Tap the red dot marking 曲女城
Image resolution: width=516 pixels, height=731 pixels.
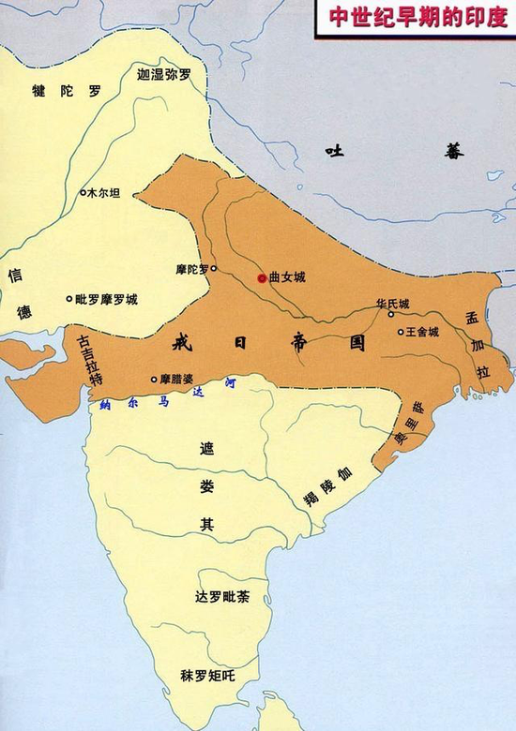click(x=261, y=278)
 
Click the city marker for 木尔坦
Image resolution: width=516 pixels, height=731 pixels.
click(x=83, y=192)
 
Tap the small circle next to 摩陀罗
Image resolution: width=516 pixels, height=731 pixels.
click(x=214, y=269)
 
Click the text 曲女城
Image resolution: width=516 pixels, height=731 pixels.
click(x=287, y=278)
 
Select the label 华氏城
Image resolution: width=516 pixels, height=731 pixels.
click(x=392, y=304)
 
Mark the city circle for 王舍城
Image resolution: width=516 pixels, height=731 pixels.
click(x=401, y=332)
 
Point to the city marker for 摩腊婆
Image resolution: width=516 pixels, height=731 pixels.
click(x=154, y=380)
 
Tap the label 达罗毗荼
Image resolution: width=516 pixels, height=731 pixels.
click(x=220, y=598)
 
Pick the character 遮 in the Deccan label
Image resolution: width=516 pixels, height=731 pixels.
click(x=206, y=449)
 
